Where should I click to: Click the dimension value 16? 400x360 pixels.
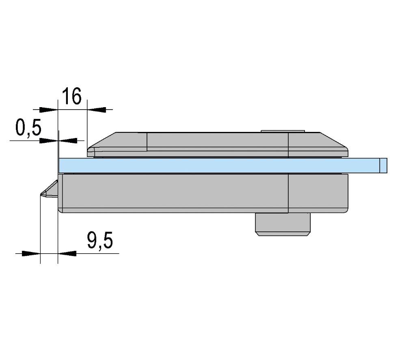pyautogui.click(x=72, y=96)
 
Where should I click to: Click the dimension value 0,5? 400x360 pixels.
pyautogui.click(x=28, y=127)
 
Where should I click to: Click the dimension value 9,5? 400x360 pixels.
pyautogui.click(x=100, y=240)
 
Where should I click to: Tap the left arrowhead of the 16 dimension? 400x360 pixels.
pyautogui.click(x=48, y=110)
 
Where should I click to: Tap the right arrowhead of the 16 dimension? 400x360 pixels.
pyautogui.click(x=96, y=110)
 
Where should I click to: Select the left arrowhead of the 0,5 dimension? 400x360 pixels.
pyautogui.click(x=49, y=140)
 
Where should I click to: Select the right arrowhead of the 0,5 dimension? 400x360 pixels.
pyautogui.click(x=68, y=140)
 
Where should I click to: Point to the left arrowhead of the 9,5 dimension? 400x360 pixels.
pyautogui.click(x=31, y=253)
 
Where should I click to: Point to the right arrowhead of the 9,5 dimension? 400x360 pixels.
pyautogui.click(x=67, y=253)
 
